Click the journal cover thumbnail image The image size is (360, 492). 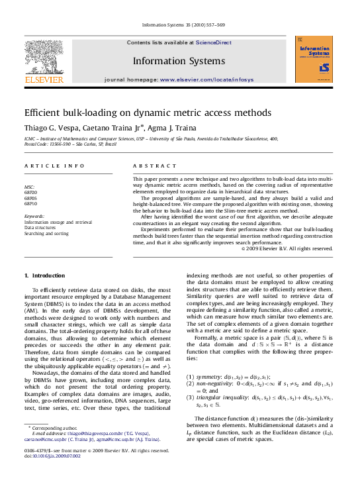click(314, 60)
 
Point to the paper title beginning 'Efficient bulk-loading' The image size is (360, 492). click(133, 113)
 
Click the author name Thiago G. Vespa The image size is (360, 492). click(52, 128)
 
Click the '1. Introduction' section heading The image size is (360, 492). click(44, 275)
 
